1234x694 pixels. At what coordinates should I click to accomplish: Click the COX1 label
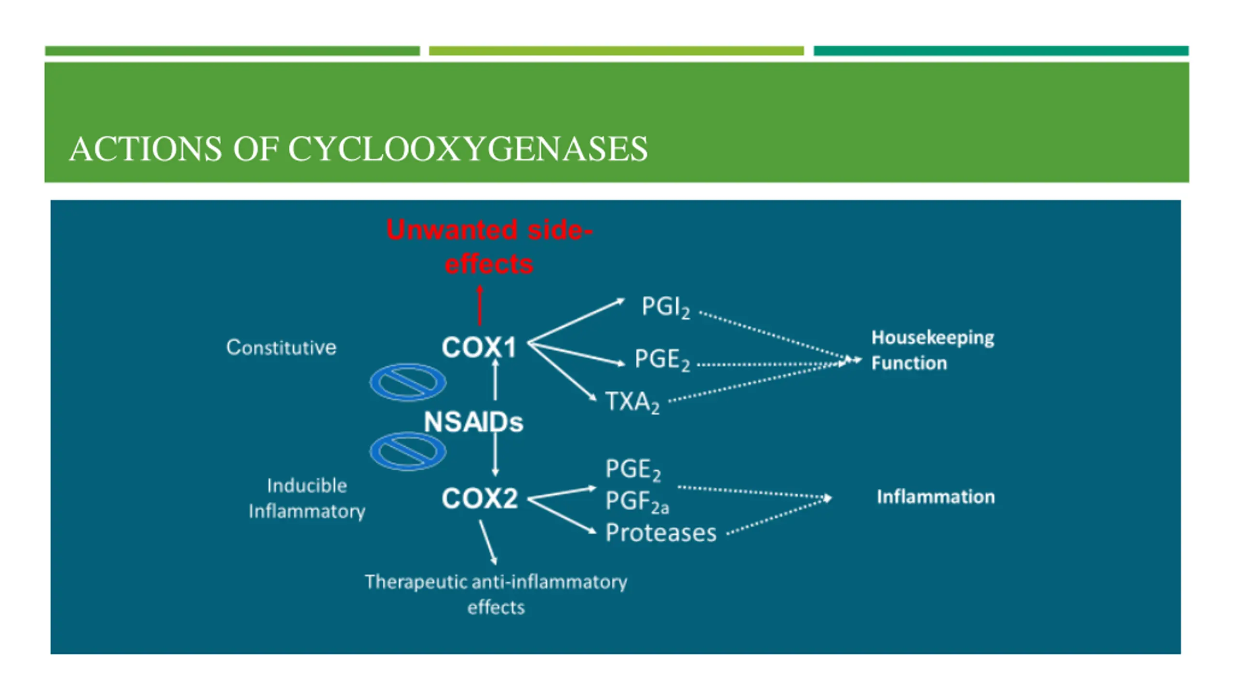(x=479, y=347)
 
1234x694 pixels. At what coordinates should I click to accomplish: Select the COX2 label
(x=480, y=498)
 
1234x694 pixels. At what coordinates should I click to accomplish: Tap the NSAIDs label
(x=473, y=422)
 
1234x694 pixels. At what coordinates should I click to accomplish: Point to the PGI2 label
(x=666, y=307)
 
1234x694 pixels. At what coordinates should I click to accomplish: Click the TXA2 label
(x=632, y=402)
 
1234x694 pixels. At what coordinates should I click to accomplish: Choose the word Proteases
(x=661, y=533)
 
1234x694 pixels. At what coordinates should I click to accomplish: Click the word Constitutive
(x=282, y=347)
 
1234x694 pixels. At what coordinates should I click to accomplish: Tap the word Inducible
(x=307, y=485)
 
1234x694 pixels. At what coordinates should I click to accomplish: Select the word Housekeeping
(x=933, y=338)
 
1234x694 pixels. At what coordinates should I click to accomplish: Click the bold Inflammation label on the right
(x=936, y=496)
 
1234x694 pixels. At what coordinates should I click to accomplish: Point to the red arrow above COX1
(x=480, y=305)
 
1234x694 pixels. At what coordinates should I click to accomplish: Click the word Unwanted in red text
(x=452, y=230)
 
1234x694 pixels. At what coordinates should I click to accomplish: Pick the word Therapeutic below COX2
(x=415, y=582)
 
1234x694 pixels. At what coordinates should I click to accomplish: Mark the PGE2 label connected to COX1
(x=662, y=360)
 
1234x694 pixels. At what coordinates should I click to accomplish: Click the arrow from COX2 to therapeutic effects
(x=488, y=542)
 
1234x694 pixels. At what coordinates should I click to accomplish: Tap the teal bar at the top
(x=1001, y=51)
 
